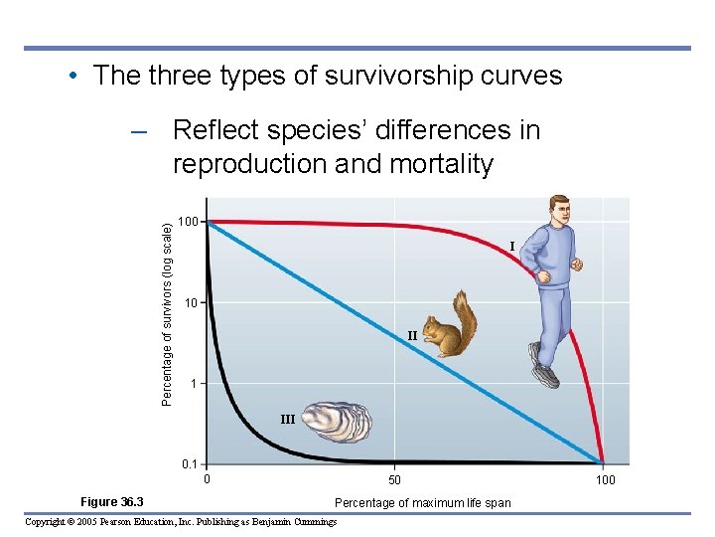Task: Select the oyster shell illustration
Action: (x=337, y=420)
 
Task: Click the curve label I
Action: (x=511, y=246)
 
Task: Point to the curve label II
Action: (x=412, y=336)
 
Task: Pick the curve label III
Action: (x=287, y=420)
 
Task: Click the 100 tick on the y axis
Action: (x=188, y=221)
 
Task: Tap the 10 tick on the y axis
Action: (x=191, y=302)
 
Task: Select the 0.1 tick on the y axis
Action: (x=189, y=463)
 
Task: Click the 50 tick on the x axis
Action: (x=394, y=480)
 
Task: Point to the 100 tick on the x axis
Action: (x=605, y=480)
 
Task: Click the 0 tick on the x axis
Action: (x=207, y=480)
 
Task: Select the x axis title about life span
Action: (x=422, y=502)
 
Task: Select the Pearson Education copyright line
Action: (x=180, y=522)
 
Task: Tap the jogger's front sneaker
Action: (x=546, y=376)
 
